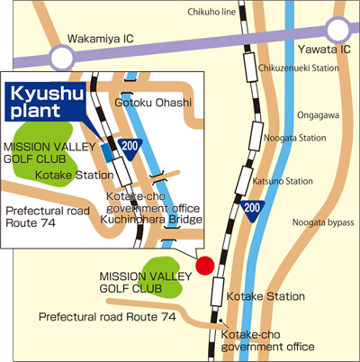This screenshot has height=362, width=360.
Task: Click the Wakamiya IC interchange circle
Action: (62, 58)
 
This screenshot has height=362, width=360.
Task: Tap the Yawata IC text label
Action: (324, 50)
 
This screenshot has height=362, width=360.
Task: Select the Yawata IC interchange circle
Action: (338, 30)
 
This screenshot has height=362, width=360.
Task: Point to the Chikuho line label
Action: (211, 12)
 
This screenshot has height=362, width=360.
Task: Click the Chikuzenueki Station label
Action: (299, 68)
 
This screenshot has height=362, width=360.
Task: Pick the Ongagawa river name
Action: (318, 115)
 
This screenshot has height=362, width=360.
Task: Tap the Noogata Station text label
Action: (294, 138)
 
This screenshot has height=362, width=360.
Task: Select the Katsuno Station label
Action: (283, 181)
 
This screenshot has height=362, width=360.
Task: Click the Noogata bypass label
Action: (323, 222)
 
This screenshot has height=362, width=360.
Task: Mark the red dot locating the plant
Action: (205, 266)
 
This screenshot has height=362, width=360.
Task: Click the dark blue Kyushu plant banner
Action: (46, 102)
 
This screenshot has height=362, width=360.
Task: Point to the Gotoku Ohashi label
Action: (153, 103)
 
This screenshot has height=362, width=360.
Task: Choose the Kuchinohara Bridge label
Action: (151, 220)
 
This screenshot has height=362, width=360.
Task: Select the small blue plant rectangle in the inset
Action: (107, 153)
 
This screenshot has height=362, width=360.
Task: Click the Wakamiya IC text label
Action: (101, 39)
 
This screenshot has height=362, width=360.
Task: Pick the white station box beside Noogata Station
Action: (256, 137)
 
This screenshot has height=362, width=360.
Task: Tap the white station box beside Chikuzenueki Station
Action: (250, 67)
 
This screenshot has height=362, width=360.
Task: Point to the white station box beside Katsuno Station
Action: (243, 181)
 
